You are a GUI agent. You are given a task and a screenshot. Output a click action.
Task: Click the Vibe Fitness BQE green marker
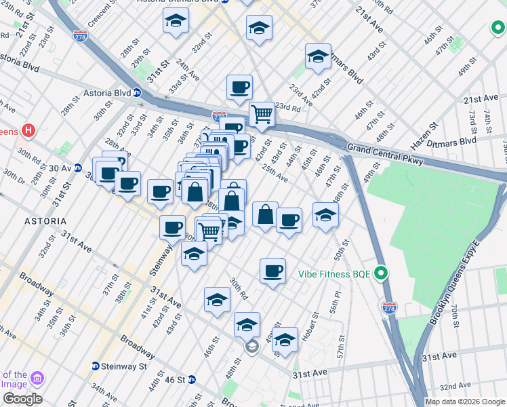[x=381, y=274]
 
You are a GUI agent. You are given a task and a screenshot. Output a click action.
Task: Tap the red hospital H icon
[x=28, y=130]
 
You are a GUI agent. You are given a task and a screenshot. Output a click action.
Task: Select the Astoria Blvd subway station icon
[x=137, y=93]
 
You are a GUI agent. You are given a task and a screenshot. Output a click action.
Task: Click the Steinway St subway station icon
[x=96, y=366]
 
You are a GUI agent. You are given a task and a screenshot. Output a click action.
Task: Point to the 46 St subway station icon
[x=192, y=379]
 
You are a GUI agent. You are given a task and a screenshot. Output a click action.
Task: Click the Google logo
[x=22, y=398]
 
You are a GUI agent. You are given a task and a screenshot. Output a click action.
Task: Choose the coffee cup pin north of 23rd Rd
[x=239, y=87]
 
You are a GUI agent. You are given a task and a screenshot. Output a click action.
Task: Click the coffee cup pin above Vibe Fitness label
[x=273, y=270]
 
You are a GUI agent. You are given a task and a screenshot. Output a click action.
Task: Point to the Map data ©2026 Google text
[x=465, y=402]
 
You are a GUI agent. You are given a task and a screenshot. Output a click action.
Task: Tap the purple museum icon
[x=37, y=378]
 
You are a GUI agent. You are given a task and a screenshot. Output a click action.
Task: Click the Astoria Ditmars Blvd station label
[x=190, y=2]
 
